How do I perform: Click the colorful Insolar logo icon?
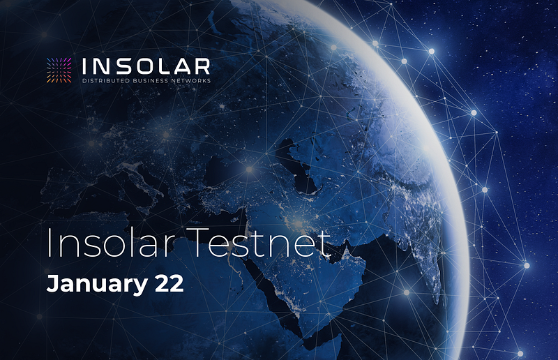pyautogui.click(x=59, y=70)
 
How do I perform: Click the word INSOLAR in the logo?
pyautogui.click(x=146, y=66)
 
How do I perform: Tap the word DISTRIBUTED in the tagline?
pyautogui.click(x=106, y=81)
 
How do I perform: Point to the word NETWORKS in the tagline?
pyautogui.click(x=190, y=81)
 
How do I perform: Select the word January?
pyautogui.click(x=97, y=284)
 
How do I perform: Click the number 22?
pyautogui.click(x=169, y=283)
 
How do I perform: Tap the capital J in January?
pyautogui.click(x=52, y=283)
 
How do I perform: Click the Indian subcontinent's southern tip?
pyautogui.click(x=437, y=300)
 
